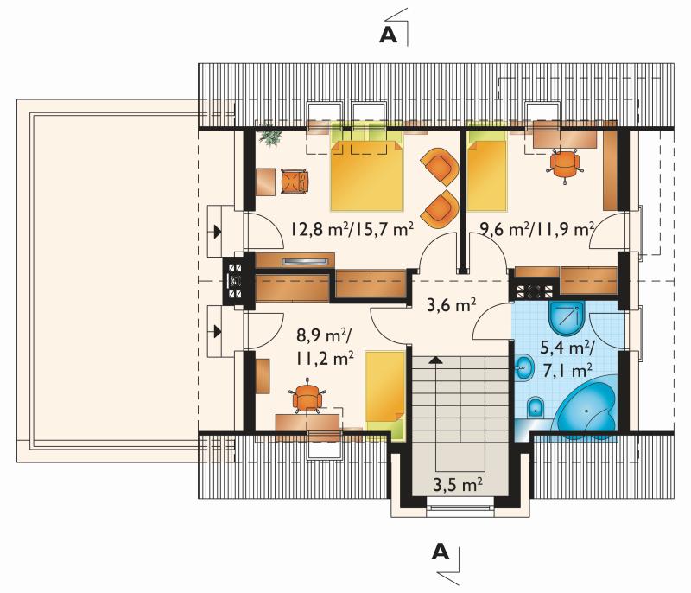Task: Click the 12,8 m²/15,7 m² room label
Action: pos(352,229)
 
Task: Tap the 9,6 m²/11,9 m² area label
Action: pos(537,229)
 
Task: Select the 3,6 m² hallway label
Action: pos(451,304)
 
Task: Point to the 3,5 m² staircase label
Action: pos(458,485)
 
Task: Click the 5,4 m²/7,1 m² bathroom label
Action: pos(567,360)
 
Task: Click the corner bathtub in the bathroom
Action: pos(585,406)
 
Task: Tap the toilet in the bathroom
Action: pos(536,407)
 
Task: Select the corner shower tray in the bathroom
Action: pos(567,318)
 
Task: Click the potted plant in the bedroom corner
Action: pos(270,136)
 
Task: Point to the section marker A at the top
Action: pos(388,35)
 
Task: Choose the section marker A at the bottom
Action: pos(441,552)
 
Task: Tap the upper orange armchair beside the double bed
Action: pos(440,167)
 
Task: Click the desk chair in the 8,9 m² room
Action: pos(307,397)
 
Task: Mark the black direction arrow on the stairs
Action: pos(435,360)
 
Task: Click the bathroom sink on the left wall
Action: pos(523,367)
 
